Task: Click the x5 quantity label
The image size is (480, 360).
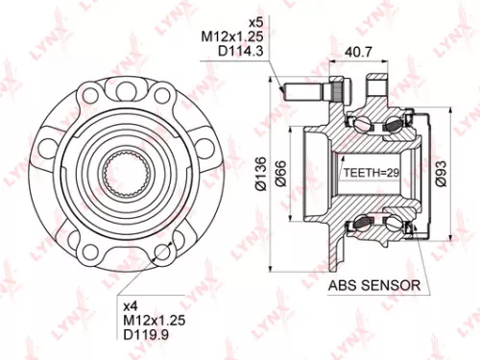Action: coord(256,22)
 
